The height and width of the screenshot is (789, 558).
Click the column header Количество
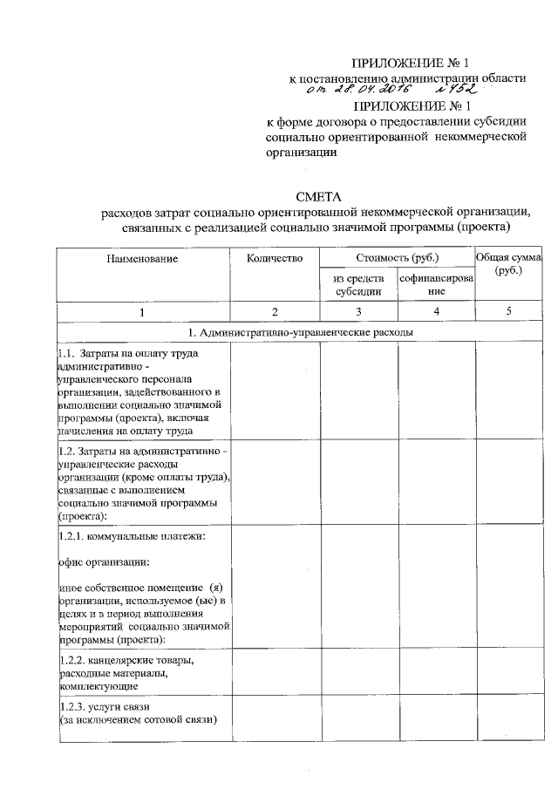274,258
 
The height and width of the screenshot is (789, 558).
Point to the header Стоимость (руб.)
397,258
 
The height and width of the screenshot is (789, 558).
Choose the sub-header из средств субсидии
358,285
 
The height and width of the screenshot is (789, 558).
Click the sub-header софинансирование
436,285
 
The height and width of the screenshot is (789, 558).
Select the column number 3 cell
358,312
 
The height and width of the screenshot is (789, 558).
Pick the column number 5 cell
508,312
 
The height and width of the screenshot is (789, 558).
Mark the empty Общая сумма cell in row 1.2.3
508,719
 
